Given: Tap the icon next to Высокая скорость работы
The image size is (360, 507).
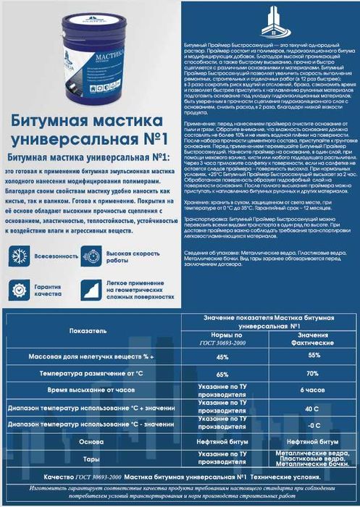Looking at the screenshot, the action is coord(92,255).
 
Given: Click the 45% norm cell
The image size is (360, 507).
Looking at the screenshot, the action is coord(222,357).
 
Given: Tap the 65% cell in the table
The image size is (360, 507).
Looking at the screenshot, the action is coord(222,374).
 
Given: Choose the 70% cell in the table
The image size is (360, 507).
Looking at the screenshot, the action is coord(312,374).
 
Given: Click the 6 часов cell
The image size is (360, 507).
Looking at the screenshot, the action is coord(313,392).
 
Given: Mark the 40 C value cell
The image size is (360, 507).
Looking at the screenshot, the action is coord(313,408).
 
